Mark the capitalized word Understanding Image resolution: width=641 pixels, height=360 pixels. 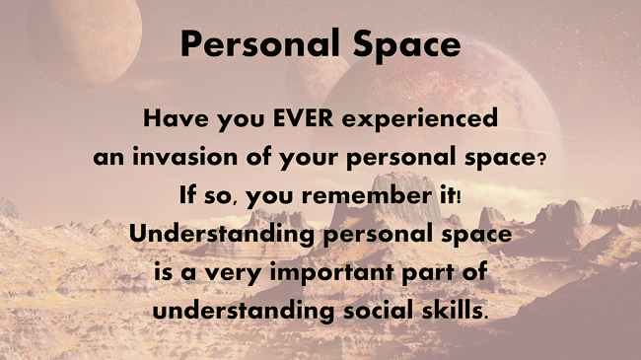click(x=214, y=235)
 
